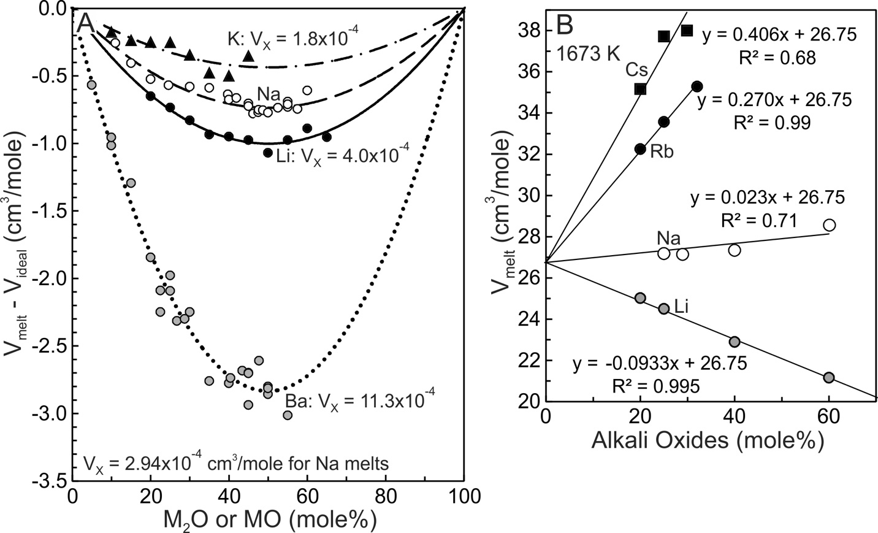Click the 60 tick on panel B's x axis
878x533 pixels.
click(829, 415)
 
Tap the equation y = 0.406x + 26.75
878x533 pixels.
click(779, 35)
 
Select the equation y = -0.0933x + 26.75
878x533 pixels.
click(660, 364)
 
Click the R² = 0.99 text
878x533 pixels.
click(772, 122)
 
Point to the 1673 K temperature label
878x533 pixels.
click(589, 53)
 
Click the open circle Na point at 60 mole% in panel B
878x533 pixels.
click(829, 225)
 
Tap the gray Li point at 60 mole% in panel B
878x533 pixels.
click(829, 377)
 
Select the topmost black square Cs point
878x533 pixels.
click(687, 30)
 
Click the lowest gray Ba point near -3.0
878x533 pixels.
click(288, 415)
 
